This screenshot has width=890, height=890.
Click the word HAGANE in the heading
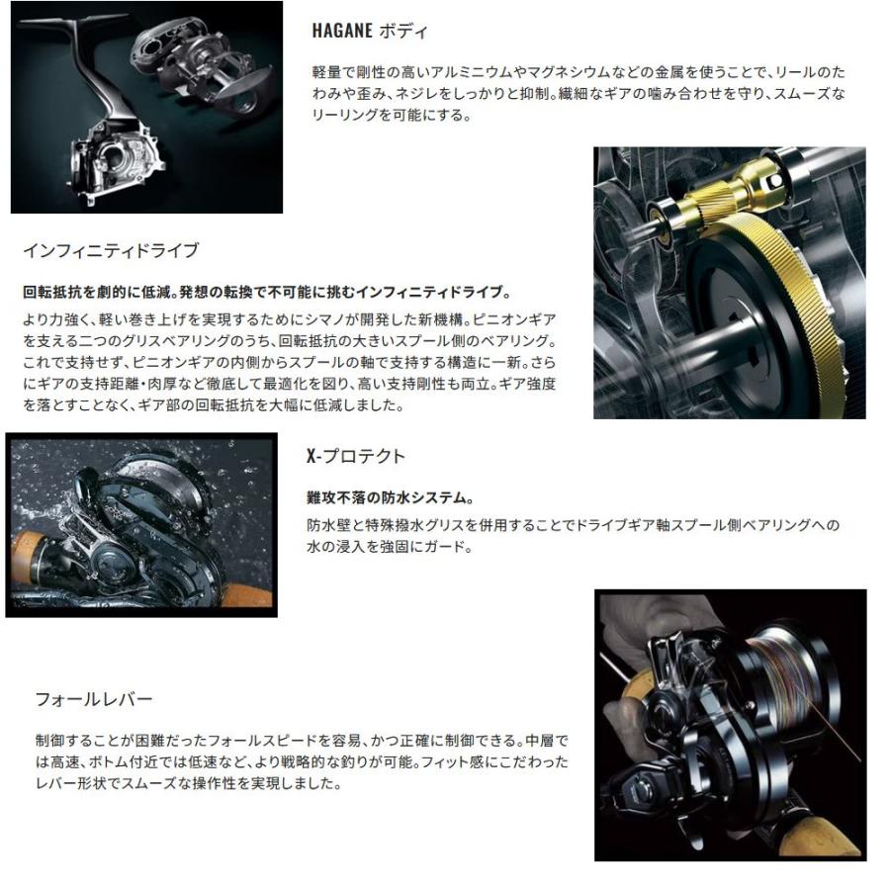[341, 31]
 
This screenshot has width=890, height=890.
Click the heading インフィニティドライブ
[110, 251]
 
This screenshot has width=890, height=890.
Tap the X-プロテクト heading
[357, 456]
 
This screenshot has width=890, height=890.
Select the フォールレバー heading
[93, 700]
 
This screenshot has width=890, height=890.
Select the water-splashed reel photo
[140, 525]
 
